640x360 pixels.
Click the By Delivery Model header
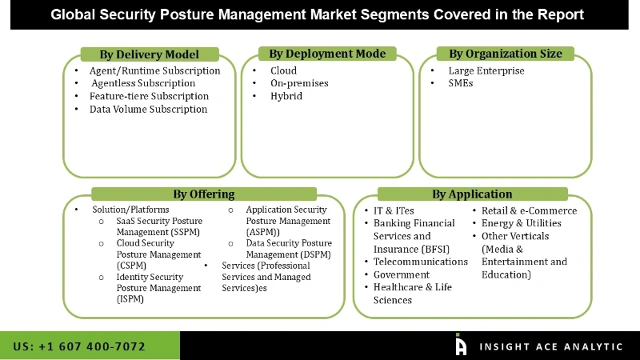(x=149, y=54)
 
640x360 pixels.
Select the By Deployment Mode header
(x=327, y=54)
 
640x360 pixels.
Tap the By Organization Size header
(x=505, y=54)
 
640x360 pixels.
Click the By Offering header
(x=204, y=194)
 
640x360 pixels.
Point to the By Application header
(x=472, y=194)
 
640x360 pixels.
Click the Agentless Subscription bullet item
(x=143, y=83)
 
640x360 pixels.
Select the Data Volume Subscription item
(x=148, y=109)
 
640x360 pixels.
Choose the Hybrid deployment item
(x=285, y=96)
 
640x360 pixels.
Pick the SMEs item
(x=461, y=83)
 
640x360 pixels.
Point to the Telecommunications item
(x=420, y=262)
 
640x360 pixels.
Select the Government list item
(x=402, y=274)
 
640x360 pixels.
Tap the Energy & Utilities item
(x=521, y=223)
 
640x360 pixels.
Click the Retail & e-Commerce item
(x=529, y=210)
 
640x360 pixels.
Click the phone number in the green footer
(x=79, y=346)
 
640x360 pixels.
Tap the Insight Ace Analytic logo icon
(x=461, y=345)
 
